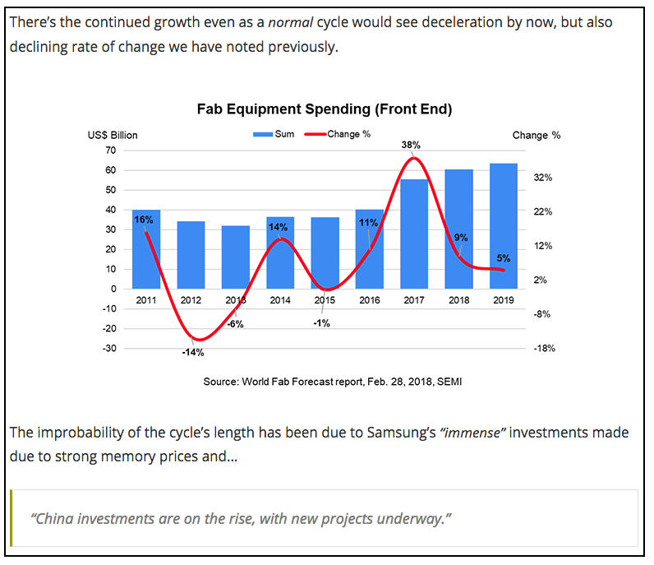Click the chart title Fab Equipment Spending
[325, 109]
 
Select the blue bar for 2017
[414, 234]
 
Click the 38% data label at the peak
[411, 145]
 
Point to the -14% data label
[193, 353]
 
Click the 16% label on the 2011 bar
[144, 220]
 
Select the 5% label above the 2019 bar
[504, 258]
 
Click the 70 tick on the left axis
[111, 151]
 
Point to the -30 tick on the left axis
[109, 349]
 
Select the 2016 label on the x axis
[370, 300]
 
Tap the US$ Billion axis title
[113, 135]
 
